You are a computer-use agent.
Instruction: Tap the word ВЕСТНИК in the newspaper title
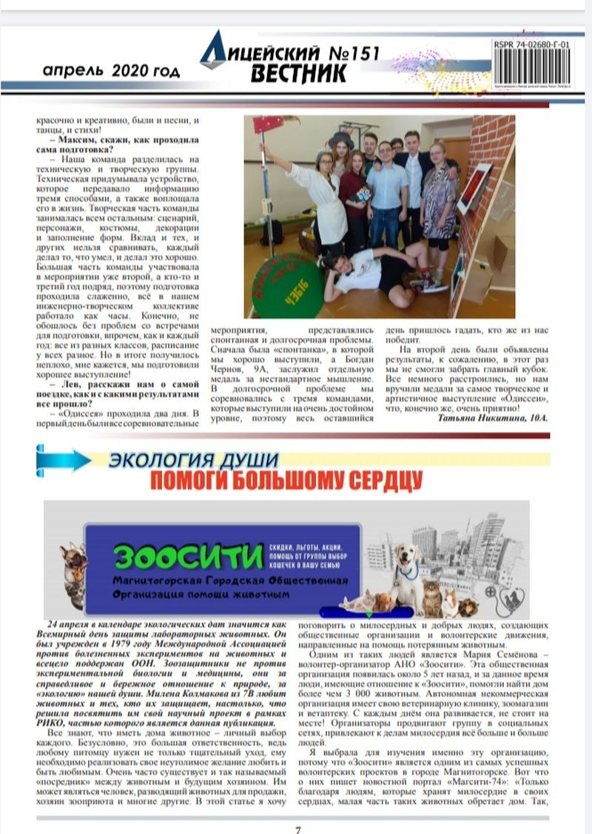click(x=298, y=74)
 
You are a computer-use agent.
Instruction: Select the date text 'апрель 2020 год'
click(x=111, y=71)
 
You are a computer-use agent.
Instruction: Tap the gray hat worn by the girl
click(x=341, y=138)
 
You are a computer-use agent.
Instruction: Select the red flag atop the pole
click(x=269, y=123)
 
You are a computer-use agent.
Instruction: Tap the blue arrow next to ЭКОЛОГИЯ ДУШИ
click(x=62, y=459)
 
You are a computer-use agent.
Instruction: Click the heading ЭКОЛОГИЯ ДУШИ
click(x=193, y=460)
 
